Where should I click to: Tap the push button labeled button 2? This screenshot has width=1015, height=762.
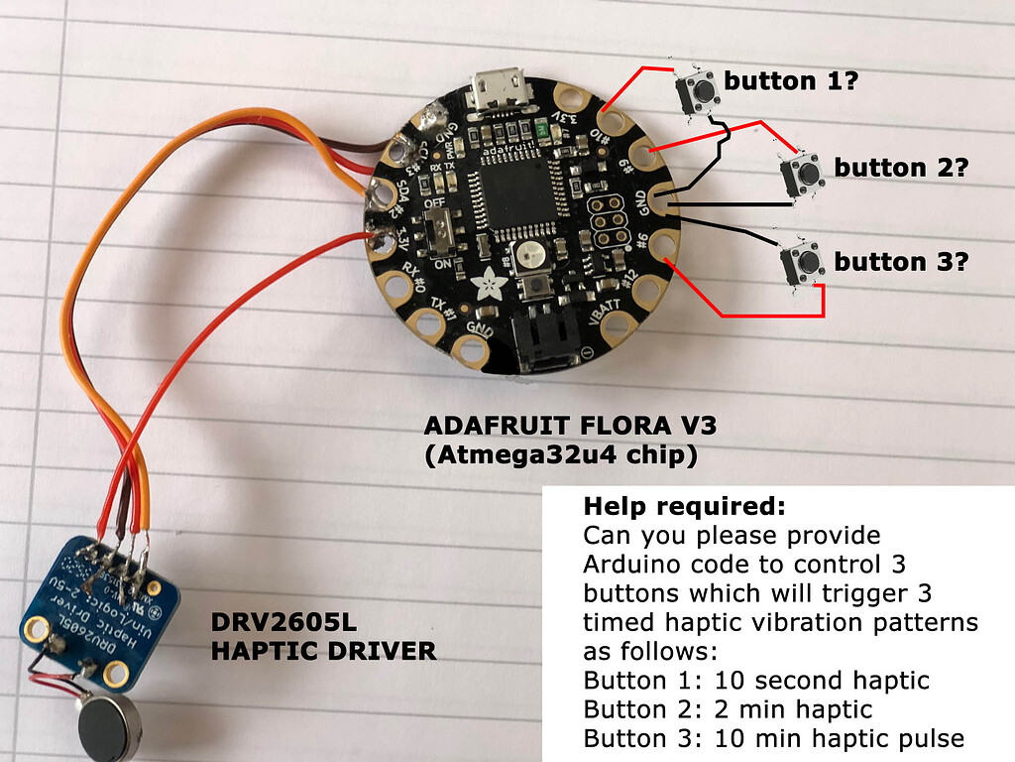click(x=805, y=176)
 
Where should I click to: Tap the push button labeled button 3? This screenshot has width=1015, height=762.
click(x=804, y=263)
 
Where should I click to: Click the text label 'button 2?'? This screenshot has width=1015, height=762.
click(x=899, y=168)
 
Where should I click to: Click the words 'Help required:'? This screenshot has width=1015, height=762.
click(x=684, y=506)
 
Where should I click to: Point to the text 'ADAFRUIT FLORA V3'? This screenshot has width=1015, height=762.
click(x=570, y=426)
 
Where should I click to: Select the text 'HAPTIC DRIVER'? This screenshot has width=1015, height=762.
click(x=323, y=651)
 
